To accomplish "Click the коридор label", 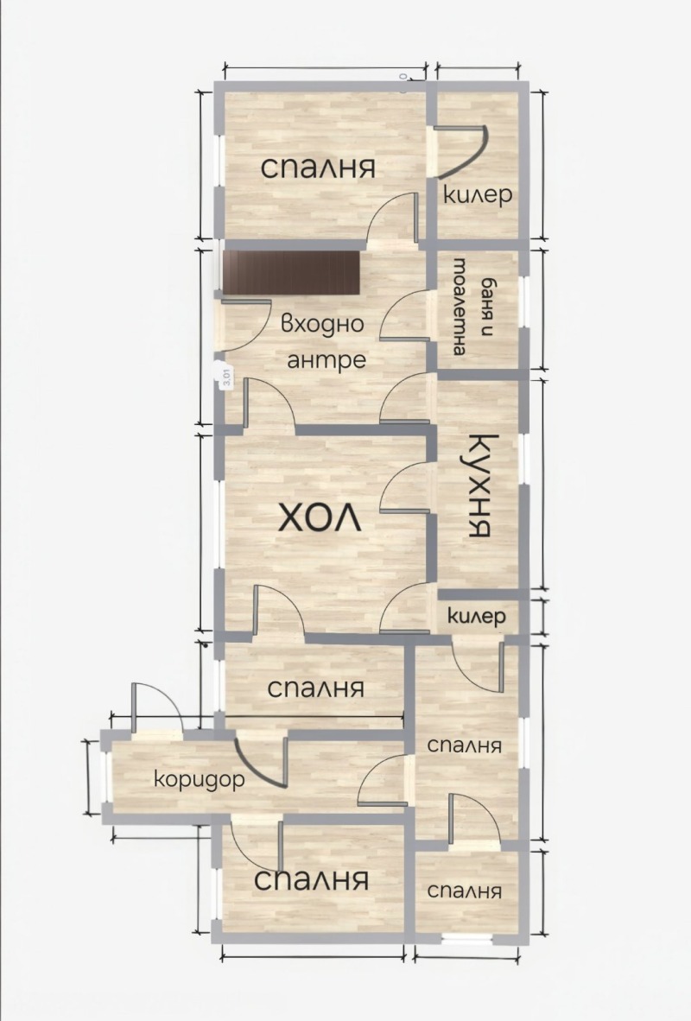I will (x=199, y=778).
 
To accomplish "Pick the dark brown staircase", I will (x=290, y=272).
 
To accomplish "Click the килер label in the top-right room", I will (x=477, y=195).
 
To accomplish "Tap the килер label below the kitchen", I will (x=476, y=617).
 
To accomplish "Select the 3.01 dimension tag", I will (x=225, y=377).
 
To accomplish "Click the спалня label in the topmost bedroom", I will (x=318, y=168).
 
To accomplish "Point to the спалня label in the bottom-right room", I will (x=464, y=891).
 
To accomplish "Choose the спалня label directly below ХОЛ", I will (x=315, y=688).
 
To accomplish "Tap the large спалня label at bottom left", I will (x=312, y=880).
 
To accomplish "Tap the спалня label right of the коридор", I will (x=465, y=745).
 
